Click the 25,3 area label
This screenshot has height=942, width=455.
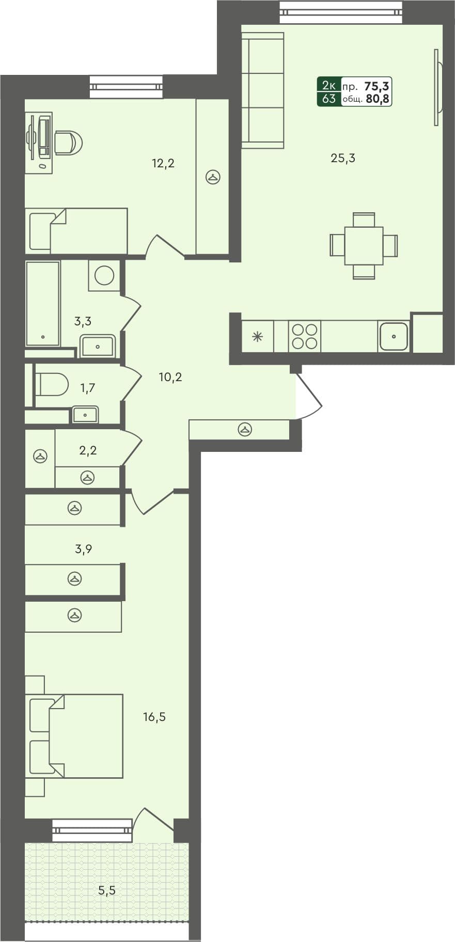point(342,158)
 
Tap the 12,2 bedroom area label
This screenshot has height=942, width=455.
point(163,164)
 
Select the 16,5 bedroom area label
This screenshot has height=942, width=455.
point(154,717)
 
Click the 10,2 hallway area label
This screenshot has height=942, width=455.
point(170,378)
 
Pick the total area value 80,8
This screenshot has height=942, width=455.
point(378,99)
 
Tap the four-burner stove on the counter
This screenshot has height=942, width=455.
point(304,336)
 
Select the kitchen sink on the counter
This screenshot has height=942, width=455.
point(394,336)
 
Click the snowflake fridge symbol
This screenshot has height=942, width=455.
point(257,337)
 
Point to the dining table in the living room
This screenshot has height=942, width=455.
point(364,245)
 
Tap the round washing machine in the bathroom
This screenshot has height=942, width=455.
point(104,275)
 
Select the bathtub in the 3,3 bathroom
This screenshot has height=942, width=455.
point(42,303)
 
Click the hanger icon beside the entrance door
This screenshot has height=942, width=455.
point(245,429)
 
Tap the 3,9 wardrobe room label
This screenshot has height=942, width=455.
point(83,549)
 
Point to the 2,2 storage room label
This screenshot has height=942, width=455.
point(88,450)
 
